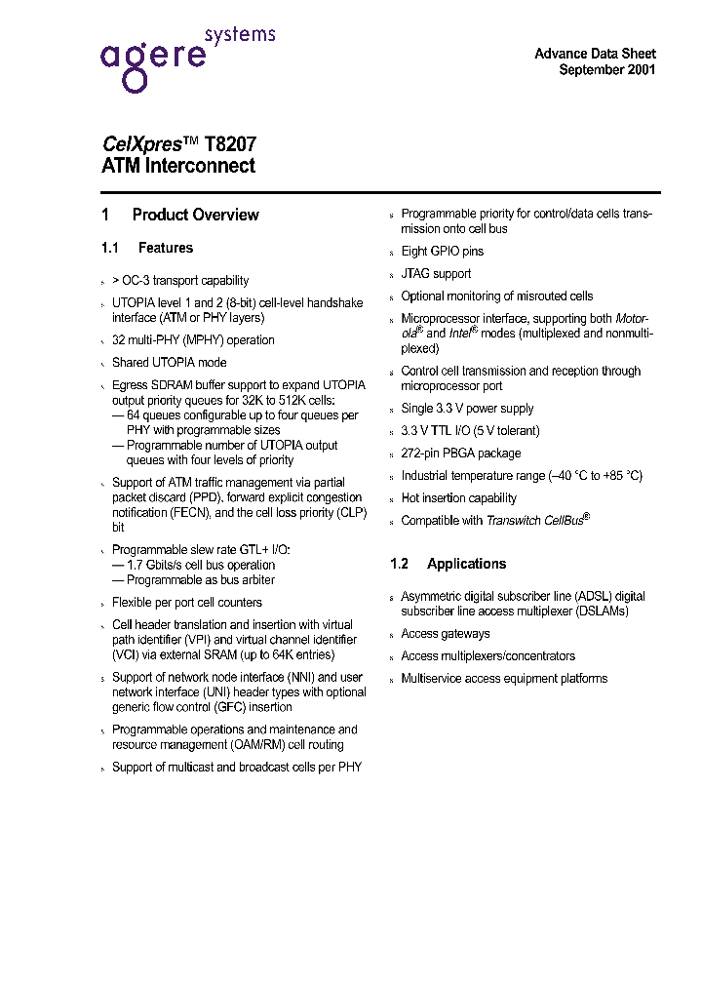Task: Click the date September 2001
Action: pyautogui.click(x=606, y=70)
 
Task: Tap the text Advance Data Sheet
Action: pyautogui.click(x=595, y=54)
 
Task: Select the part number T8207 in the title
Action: pyautogui.click(x=230, y=143)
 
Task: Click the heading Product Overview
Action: pyautogui.click(x=195, y=215)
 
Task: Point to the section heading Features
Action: pyautogui.click(x=165, y=248)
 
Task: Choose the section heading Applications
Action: pyautogui.click(x=466, y=564)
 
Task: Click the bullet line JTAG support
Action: pyautogui.click(x=436, y=274)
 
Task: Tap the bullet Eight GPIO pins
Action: pyautogui.click(x=442, y=252)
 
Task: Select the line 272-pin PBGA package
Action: pyautogui.click(x=460, y=454)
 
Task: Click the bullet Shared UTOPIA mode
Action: pyautogui.click(x=156, y=363)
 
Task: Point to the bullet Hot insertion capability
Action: pyautogui.click(x=458, y=498)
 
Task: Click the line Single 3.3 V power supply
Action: pyautogui.click(x=467, y=409)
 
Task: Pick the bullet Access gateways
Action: pyautogui.click(x=445, y=634)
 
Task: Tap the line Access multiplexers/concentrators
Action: pyautogui.click(x=487, y=656)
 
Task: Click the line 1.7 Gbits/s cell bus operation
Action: pyautogui.click(x=200, y=565)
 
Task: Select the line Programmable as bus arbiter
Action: pyautogui.click(x=199, y=580)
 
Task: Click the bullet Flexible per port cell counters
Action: pyautogui.click(x=186, y=603)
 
